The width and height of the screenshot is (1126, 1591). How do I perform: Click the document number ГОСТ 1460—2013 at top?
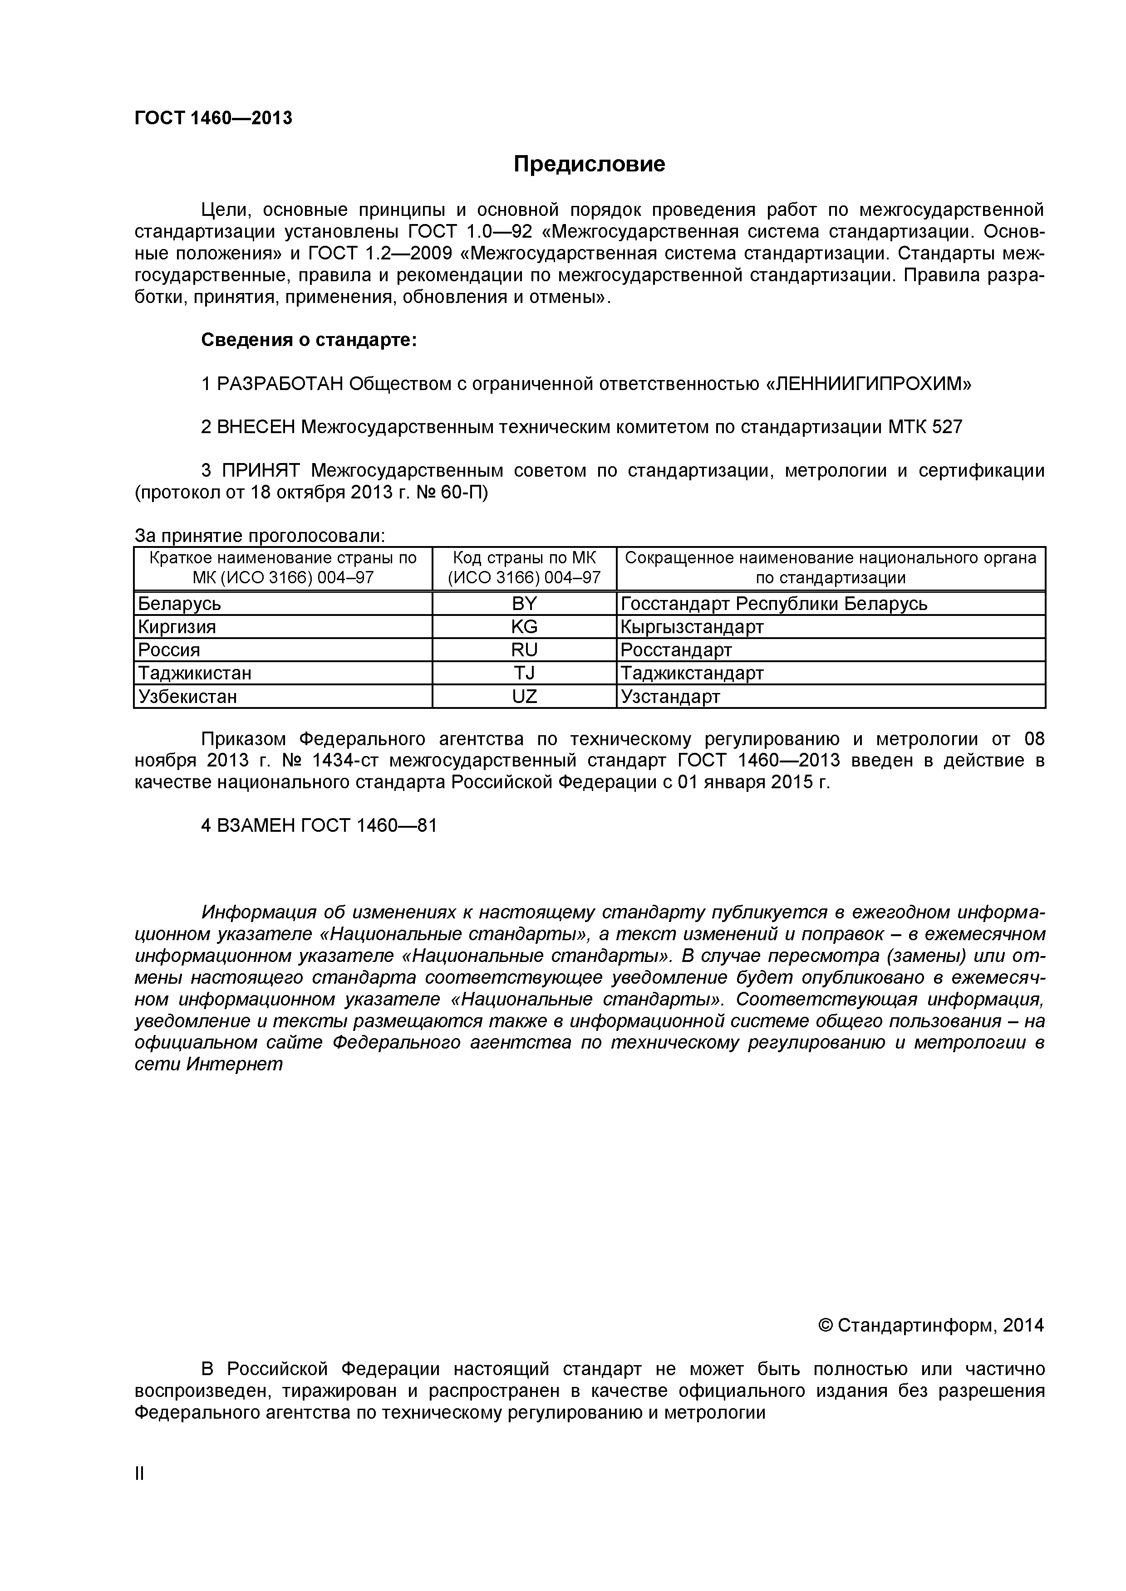214,118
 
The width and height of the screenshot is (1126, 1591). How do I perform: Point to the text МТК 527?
925,428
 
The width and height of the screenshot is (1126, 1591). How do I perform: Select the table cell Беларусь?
180,604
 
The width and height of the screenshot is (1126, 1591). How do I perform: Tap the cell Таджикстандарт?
692,673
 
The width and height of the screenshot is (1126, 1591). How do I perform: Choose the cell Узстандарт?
670,697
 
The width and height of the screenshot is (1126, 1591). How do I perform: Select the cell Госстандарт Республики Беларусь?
774,604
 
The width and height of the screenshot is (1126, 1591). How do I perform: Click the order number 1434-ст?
344,761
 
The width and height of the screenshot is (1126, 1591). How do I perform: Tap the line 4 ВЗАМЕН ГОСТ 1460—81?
319,825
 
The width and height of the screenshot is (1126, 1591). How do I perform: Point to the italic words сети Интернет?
209,1064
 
